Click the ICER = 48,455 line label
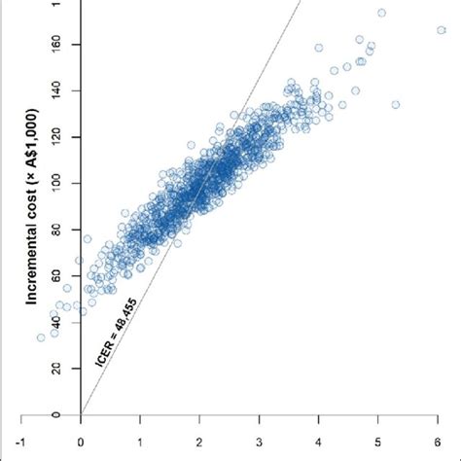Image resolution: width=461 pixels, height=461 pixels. [124, 331]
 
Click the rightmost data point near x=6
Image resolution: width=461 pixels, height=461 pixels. [442, 30]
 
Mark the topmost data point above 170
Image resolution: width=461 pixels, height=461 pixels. [381, 14]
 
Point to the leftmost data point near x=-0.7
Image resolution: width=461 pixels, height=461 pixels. [41, 337]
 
